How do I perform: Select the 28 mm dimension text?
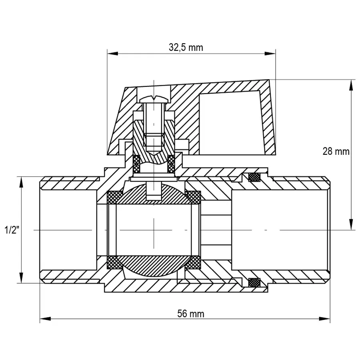tap(336, 152)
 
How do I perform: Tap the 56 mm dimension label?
tap(190, 314)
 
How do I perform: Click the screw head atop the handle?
tap(154, 98)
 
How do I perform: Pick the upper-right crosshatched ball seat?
tap(194, 196)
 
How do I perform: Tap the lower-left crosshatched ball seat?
tap(114, 262)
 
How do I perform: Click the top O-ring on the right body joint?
tap(254, 176)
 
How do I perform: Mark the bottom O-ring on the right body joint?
tap(254, 282)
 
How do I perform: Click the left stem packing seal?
tap(136, 163)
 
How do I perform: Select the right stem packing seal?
tap(172, 163)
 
